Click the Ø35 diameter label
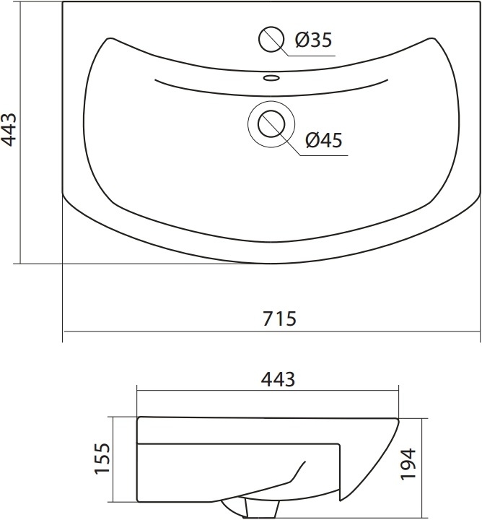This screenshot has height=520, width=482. click(x=313, y=40)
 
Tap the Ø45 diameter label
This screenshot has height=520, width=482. click(x=324, y=140)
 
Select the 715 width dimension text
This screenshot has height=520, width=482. click(x=279, y=318)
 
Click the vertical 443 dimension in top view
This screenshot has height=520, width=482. click(x=9, y=129)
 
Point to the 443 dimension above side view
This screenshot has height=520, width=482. click(x=278, y=379)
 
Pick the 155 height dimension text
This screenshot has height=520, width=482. click(x=102, y=459)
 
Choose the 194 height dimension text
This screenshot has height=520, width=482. click(x=408, y=464)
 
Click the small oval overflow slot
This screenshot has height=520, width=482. click(x=271, y=78)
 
